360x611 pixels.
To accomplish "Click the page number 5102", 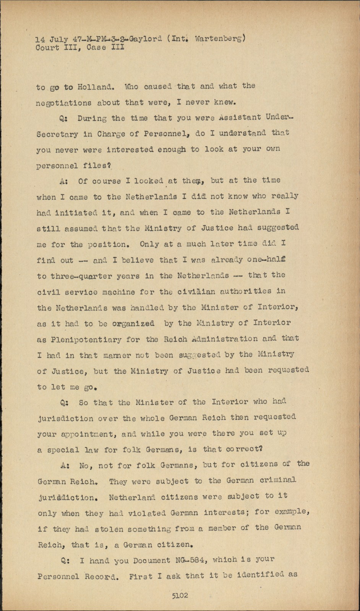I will tap(180, 595).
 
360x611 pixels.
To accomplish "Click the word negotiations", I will tap(64, 103).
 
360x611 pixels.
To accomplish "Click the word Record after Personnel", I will tap(102, 577).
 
